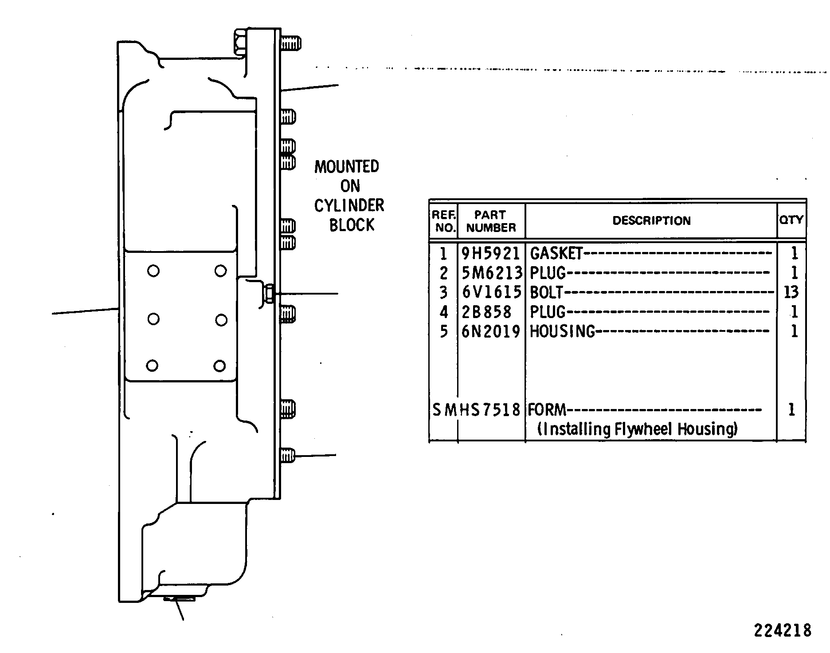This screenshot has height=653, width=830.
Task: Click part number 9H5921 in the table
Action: click(490, 253)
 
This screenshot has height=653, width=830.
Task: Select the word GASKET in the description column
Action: click(556, 253)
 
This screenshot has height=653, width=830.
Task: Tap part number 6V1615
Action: click(491, 292)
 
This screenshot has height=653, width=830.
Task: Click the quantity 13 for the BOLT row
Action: click(791, 292)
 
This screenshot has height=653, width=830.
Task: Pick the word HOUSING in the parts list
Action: click(562, 331)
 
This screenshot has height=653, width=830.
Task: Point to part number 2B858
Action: click(487, 312)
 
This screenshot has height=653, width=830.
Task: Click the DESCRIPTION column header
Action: click(651, 221)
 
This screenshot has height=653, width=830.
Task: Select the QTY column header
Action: click(791, 220)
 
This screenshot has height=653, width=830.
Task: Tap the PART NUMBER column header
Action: click(491, 221)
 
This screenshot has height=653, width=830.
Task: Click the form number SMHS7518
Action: click(476, 410)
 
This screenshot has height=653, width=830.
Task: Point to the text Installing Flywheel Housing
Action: click(638, 429)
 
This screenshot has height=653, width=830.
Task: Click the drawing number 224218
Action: click(783, 630)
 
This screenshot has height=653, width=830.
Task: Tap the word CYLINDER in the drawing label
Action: click(349, 206)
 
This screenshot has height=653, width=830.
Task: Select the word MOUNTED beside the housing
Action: click(347, 167)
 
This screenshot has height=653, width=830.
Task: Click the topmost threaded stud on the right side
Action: click(291, 43)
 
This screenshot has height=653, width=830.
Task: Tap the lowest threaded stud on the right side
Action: click(288, 456)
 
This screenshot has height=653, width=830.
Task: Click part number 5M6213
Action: click(491, 273)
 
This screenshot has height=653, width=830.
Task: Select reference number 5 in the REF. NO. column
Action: click(444, 331)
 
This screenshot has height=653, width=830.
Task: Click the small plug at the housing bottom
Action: click(179, 599)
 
